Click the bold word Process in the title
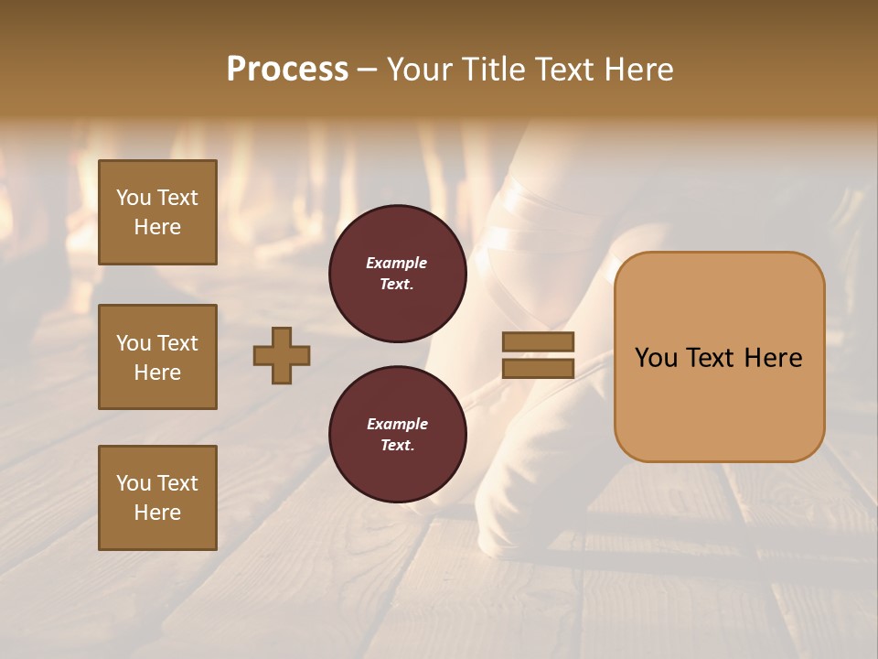(x=287, y=70)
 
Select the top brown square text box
(x=157, y=212)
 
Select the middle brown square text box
(x=157, y=357)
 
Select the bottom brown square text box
(x=157, y=498)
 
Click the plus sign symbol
(x=282, y=355)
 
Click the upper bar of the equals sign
(x=538, y=341)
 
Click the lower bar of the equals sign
(x=538, y=368)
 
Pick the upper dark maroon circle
(x=397, y=274)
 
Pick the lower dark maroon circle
(x=397, y=434)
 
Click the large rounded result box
(x=719, y=357)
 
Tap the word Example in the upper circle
(x=397, y=263)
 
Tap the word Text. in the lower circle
(x=397, y=446)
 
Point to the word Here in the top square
(x=157, y=227)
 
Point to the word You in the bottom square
(x=134, y=483)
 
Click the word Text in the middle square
(x=177, y=343)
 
